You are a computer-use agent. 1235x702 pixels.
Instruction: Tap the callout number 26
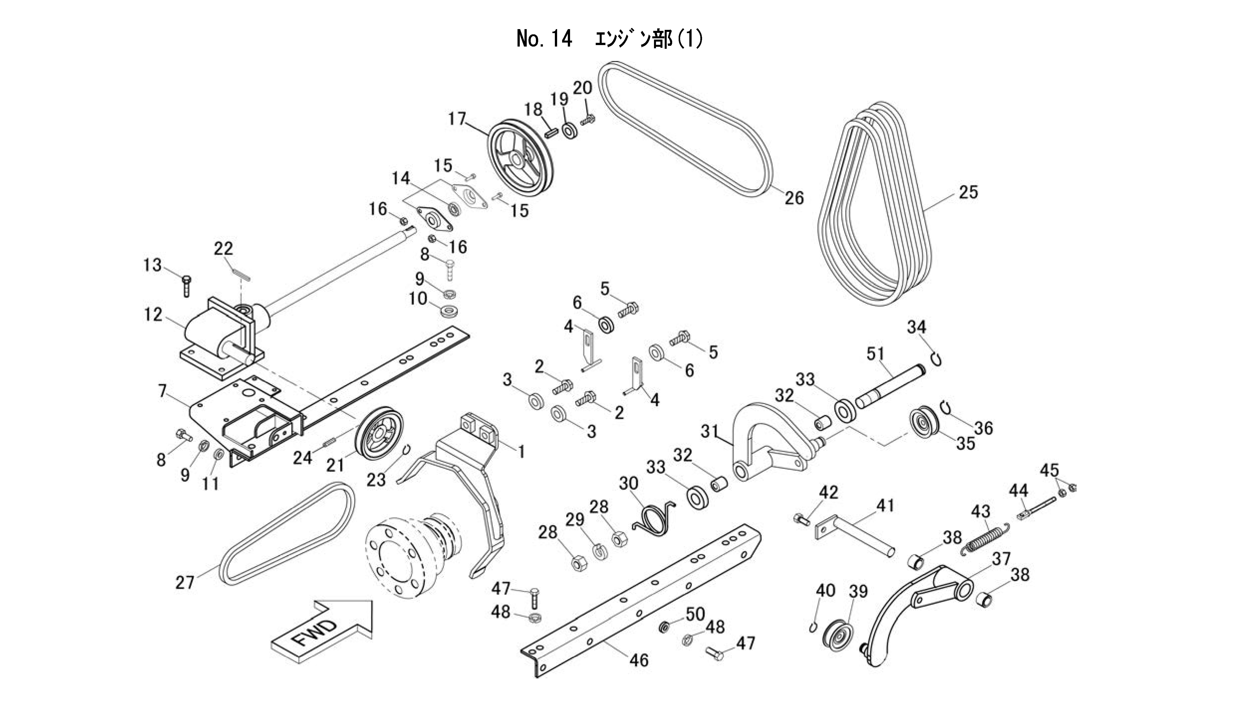pyautogui.click(x=794, y=198)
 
